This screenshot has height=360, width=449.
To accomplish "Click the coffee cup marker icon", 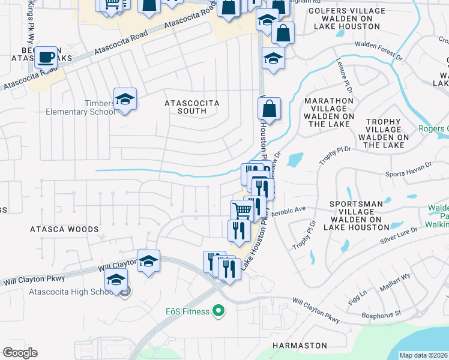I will (46, 58).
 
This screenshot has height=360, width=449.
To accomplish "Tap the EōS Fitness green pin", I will (219, 311).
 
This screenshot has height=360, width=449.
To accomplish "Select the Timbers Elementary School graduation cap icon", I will (125, 99).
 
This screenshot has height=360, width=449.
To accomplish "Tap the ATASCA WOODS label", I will (64, 229).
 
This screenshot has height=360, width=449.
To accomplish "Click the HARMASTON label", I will (300, 346).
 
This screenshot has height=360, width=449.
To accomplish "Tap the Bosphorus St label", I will (382, 314).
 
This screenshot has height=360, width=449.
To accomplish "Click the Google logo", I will (20, 352).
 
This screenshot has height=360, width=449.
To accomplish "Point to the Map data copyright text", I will (423, 355).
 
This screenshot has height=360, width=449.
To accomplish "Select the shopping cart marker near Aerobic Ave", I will (241, 211).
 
